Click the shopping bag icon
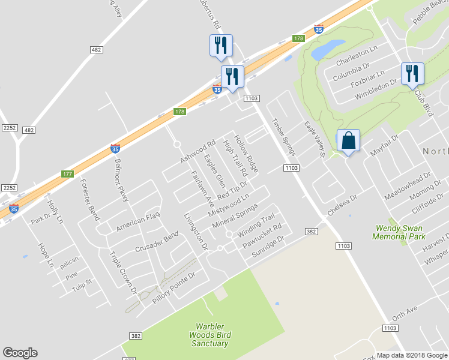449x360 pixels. tap(348, 142)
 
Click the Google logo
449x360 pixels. tap(20, 353)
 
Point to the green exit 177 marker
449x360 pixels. tap(67, 173)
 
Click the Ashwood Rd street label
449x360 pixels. tap(198, 152)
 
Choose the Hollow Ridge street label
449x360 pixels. tap(246, 154)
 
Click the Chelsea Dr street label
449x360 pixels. tap(342, 205)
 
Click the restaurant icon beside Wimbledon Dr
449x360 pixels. tap(412, 74)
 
